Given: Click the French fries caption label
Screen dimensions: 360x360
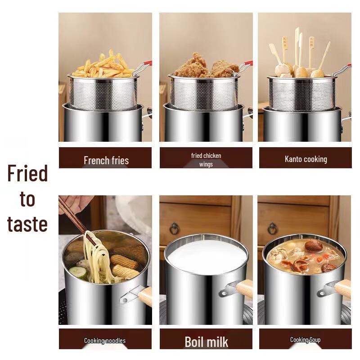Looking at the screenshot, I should pyautogui.click(x=106, y=160).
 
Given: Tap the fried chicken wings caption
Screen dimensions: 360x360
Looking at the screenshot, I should pyautogui.click(x=206, y=160).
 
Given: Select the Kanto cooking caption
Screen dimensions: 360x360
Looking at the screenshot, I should pyautogui.click(x=306, y=159).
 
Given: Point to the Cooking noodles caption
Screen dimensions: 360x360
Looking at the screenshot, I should pyautogui.click(x=105, y=341).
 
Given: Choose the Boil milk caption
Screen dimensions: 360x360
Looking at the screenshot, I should pyautogui.click(x=206, y=342).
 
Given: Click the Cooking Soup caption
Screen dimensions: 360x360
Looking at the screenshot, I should pyautogui.click(x=305, y=340).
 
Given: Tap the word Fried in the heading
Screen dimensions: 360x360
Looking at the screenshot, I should pyautogui.click(x=27, y=174).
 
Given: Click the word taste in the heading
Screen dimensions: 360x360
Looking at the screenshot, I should pyautogui.click(x=27, y=224).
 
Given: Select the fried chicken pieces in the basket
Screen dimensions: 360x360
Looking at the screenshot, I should pyautogui.click(x=205, y=67).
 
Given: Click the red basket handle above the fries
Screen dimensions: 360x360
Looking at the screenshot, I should pyautogui.click(x=146, y=64).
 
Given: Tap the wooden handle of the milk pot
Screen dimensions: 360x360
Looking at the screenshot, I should pyautogui.click(x=244, y=288).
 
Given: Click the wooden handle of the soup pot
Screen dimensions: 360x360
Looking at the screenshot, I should pyautogui.click(x=342, y=288).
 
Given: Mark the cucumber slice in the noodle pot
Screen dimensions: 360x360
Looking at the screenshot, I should pyautogui.click(x=77, y=272).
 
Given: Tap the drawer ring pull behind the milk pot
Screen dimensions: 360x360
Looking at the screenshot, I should pyautogui.click(x=174, y=229).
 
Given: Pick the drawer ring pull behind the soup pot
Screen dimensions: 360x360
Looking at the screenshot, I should pyautogui.click(x=272, y=229).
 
